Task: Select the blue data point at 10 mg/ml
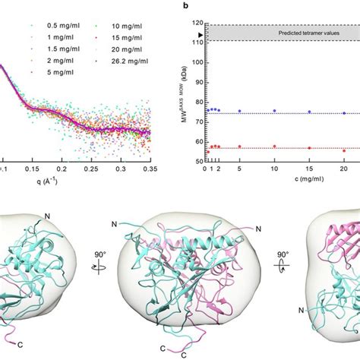point(274,111)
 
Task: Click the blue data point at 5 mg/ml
point(239,111)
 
